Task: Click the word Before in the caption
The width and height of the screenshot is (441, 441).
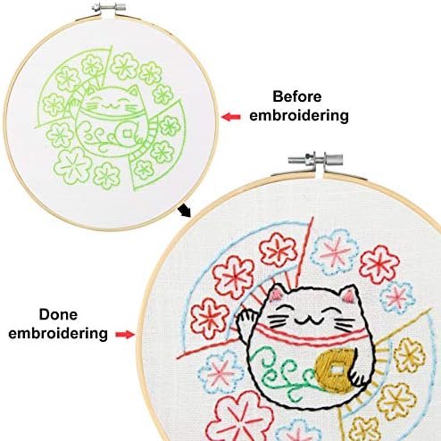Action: click(297, 96)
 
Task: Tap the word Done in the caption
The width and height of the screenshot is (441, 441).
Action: click(58, 314)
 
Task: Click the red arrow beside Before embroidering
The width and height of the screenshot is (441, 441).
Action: click(231, 117)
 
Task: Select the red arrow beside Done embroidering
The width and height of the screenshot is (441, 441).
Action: click(125, 335)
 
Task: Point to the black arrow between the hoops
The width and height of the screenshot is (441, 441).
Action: click(184, 211)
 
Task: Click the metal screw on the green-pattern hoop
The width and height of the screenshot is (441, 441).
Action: click(108, 7)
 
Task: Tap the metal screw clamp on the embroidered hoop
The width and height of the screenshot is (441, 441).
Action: click(315, 160)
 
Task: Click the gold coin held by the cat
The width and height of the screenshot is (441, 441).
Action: click(335, 370)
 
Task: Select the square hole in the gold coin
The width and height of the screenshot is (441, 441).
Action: click(337, 370)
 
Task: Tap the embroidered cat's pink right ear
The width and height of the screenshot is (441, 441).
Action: click(348, 295)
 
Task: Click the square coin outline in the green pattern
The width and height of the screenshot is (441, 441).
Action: click(127, 134)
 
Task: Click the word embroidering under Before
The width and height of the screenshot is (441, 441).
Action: click(299, 116)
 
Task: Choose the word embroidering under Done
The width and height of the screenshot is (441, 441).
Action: click(58, 334)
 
